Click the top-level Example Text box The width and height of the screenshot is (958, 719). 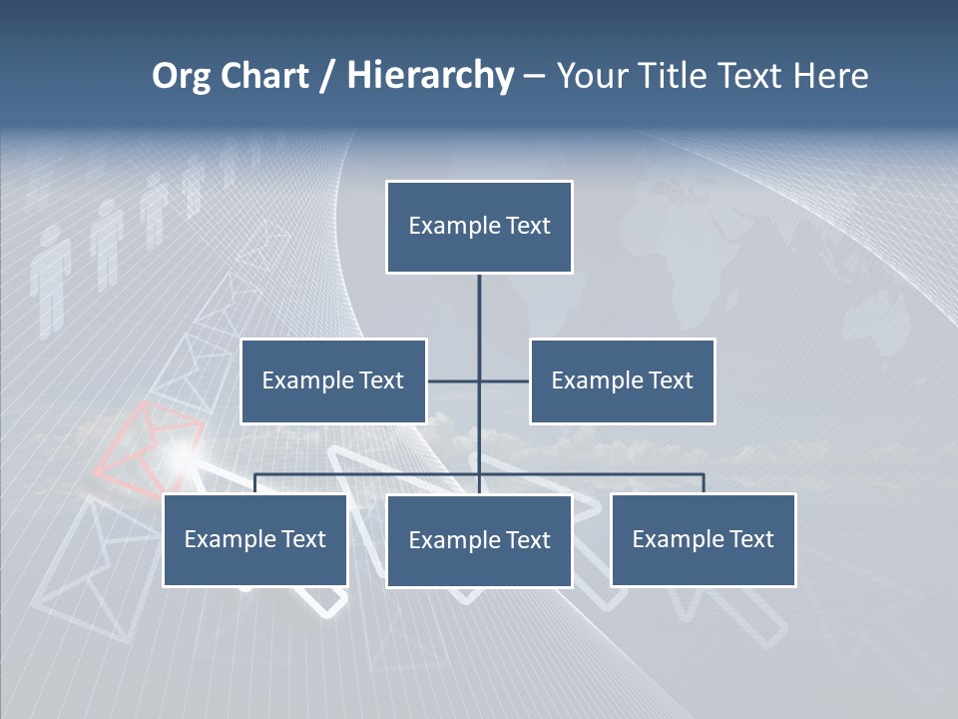479,227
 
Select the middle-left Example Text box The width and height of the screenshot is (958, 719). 333,380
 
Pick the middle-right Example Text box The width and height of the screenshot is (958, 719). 622,380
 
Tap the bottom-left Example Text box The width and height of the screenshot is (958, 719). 254,539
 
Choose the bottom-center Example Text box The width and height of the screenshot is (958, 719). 479,540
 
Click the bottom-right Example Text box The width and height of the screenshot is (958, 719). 703,539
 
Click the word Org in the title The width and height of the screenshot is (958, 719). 181,76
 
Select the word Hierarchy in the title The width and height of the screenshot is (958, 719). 430,76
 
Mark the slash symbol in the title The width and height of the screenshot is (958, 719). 327,76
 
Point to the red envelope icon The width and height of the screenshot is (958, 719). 150,439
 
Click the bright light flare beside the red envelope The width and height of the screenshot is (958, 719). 181,457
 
